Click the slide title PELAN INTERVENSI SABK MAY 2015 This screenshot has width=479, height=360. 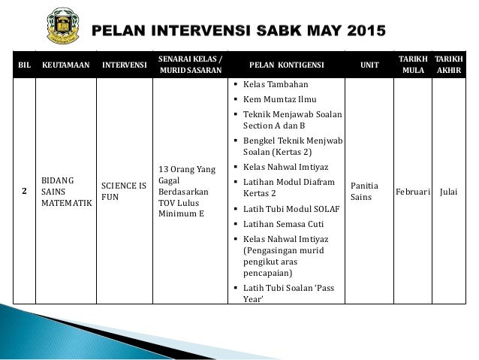click(238, 31)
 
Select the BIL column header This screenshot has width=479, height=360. click(23, 65)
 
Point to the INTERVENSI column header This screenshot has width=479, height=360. click(124, 65)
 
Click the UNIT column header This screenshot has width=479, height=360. click(369, 65)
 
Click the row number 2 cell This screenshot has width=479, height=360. click(23, 192)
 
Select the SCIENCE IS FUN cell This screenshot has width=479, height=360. click(124, 192)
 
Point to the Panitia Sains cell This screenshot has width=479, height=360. click(365, 192)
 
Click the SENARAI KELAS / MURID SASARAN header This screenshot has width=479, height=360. click(190, 65)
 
